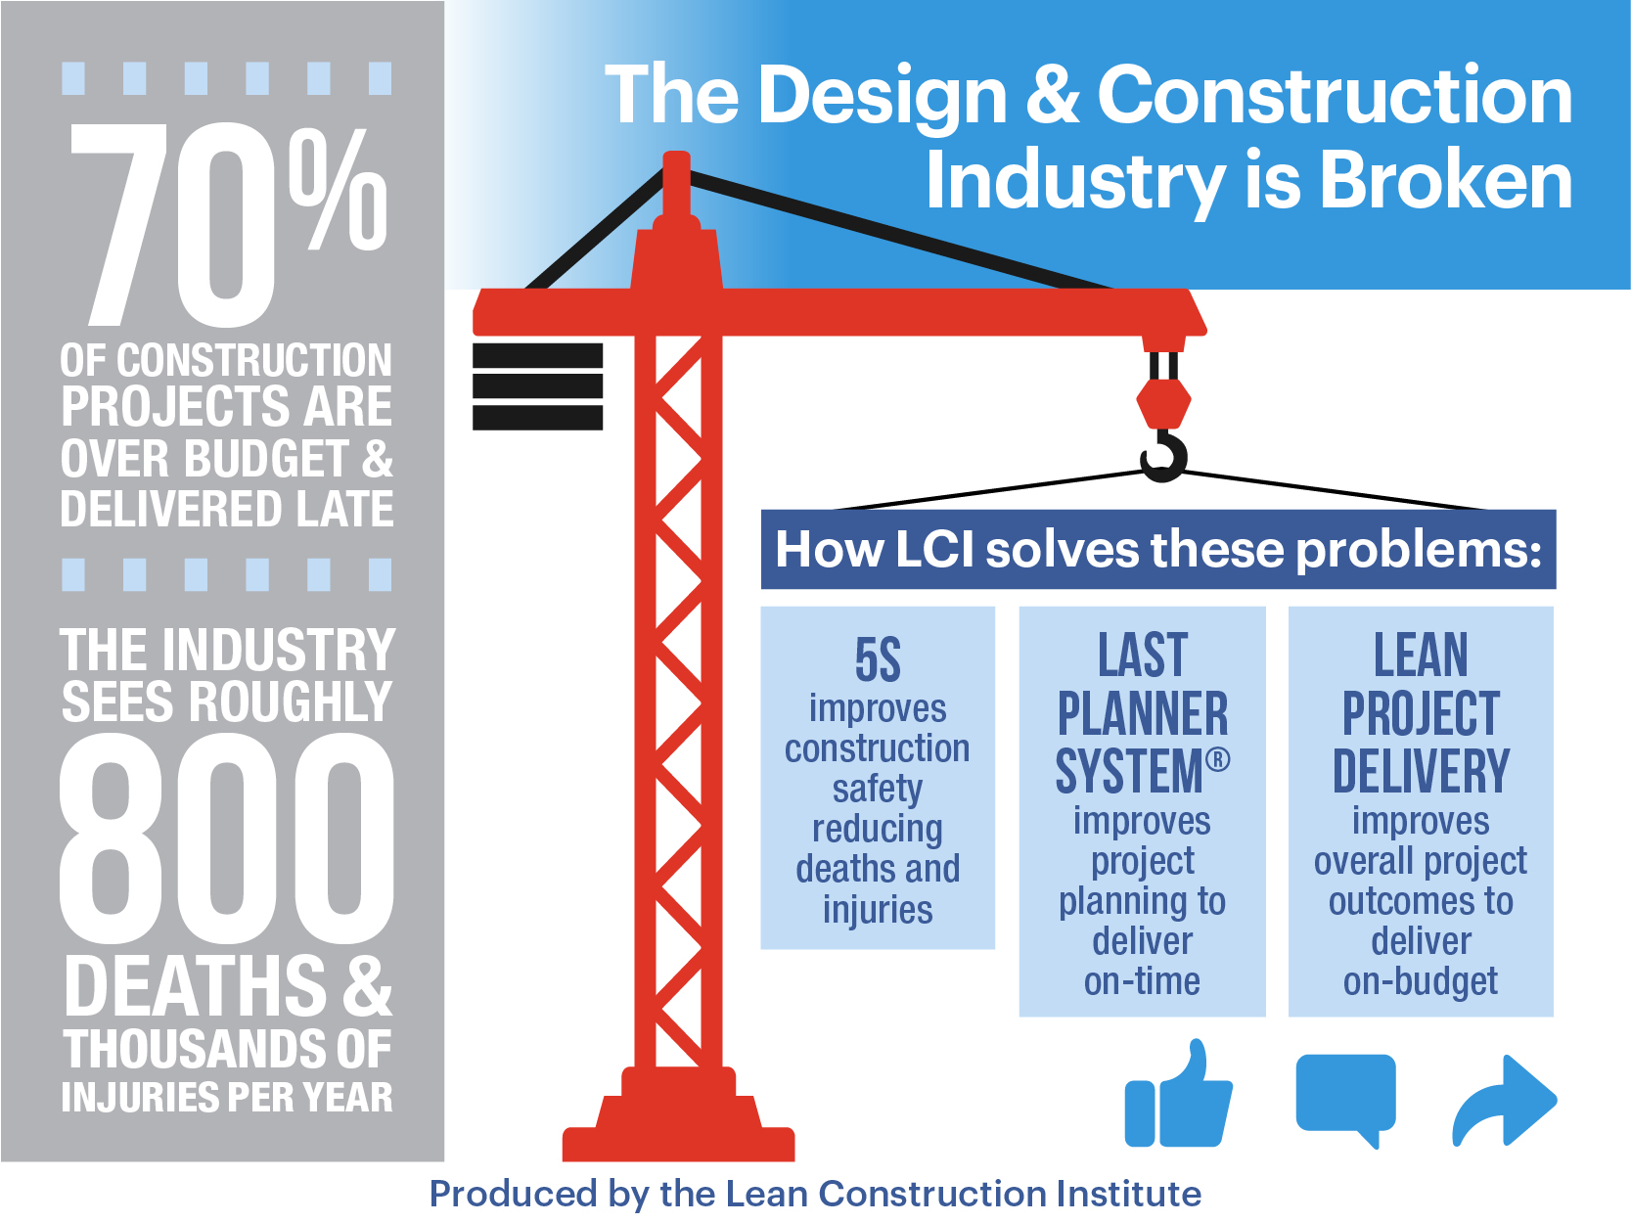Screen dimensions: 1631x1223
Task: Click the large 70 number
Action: click(172, 225)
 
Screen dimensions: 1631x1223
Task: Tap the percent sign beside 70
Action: click(339, 190)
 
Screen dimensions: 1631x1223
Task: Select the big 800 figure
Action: click(227, 838)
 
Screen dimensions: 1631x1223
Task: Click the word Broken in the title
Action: click(1445, 181)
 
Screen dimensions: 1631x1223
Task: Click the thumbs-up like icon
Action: click(1178, 1093)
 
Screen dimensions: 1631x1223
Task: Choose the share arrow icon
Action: click(1504, 1101)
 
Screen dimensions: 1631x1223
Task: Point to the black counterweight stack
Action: click(537, 386)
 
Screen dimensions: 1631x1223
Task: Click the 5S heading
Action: click(878, 659)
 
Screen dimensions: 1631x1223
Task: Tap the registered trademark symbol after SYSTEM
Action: click(1218, 759)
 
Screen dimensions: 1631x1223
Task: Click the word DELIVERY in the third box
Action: click(1421, 771)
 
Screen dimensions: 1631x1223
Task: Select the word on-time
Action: click(1142, 981)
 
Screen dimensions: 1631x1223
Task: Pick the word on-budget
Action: click(1421, 981)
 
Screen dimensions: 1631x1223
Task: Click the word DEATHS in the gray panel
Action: click(196, 985)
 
